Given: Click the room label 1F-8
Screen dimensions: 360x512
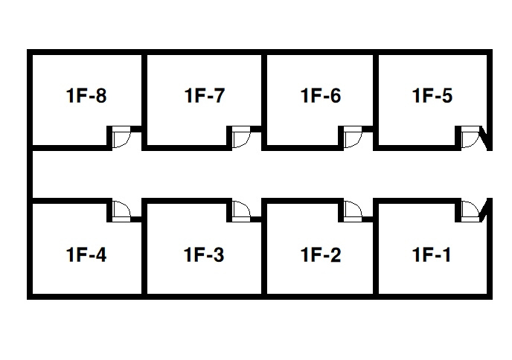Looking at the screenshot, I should pos(86,96).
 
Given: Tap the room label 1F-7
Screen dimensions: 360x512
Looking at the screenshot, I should pos(204,96).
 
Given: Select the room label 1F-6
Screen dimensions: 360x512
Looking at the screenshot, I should pos(321,96).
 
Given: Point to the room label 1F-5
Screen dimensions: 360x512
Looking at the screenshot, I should pos(432,96).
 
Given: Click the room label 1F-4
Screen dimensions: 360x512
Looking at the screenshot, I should pos(86,255).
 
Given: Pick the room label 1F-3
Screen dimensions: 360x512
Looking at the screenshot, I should pos(204,255).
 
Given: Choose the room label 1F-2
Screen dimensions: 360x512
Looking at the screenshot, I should pos(321,255).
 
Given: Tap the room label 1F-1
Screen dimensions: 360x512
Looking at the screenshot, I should pos(432,255).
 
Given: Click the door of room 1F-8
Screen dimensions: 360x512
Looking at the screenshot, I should pos(121,138).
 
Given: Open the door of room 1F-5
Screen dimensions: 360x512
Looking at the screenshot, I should pos(470,138).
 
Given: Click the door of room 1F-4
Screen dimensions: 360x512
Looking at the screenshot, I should pos(121,210).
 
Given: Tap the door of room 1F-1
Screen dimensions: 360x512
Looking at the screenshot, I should pos(470,210).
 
